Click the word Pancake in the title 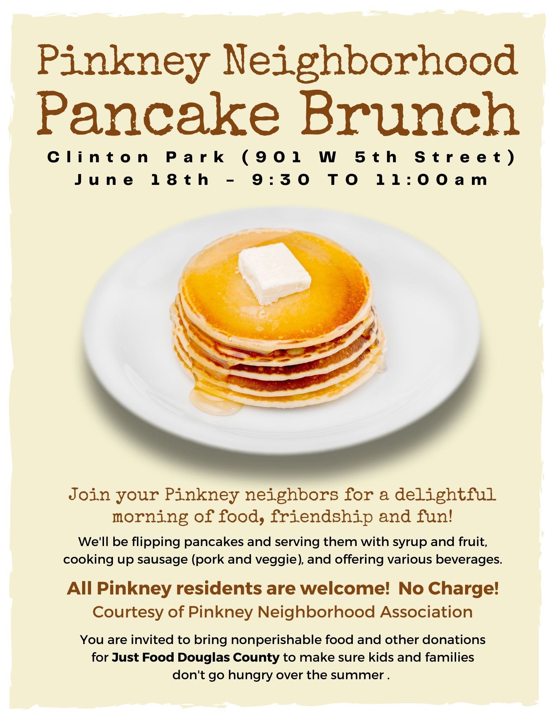(x=160, y=113)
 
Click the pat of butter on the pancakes (x=274, y=274)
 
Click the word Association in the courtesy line (x=426, y=612)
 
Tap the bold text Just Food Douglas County (x=195, y=657)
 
